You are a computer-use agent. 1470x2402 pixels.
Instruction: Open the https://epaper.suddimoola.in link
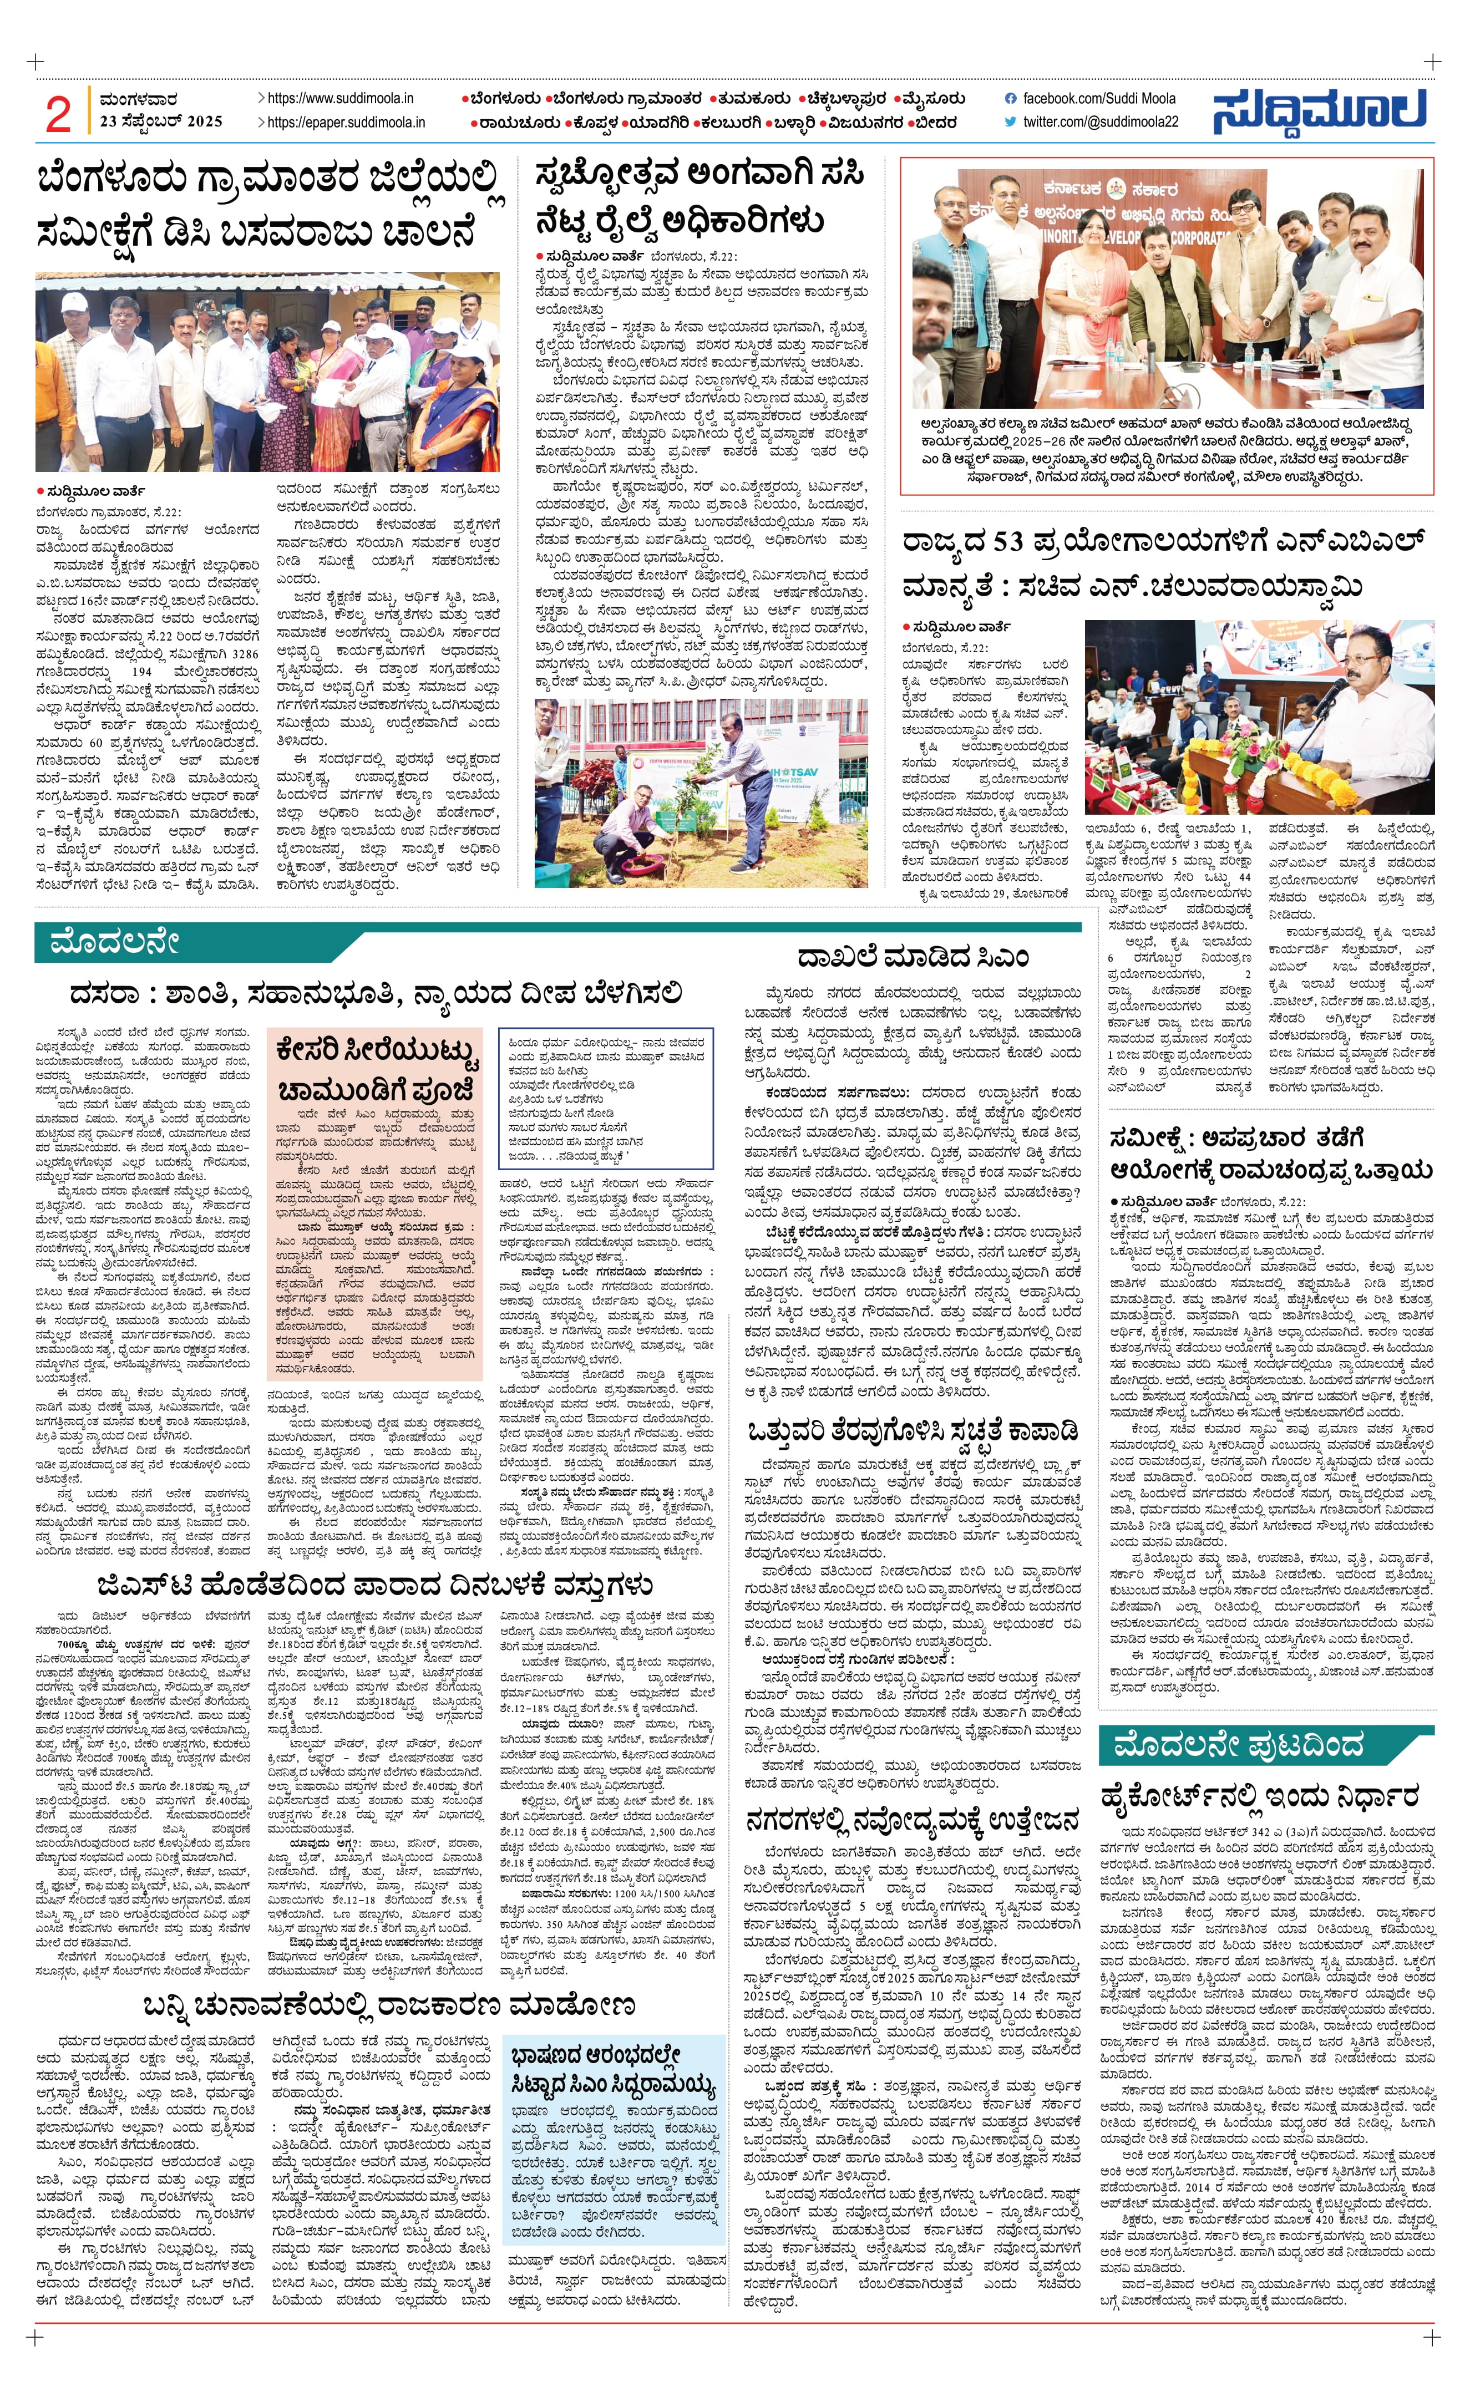346,123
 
